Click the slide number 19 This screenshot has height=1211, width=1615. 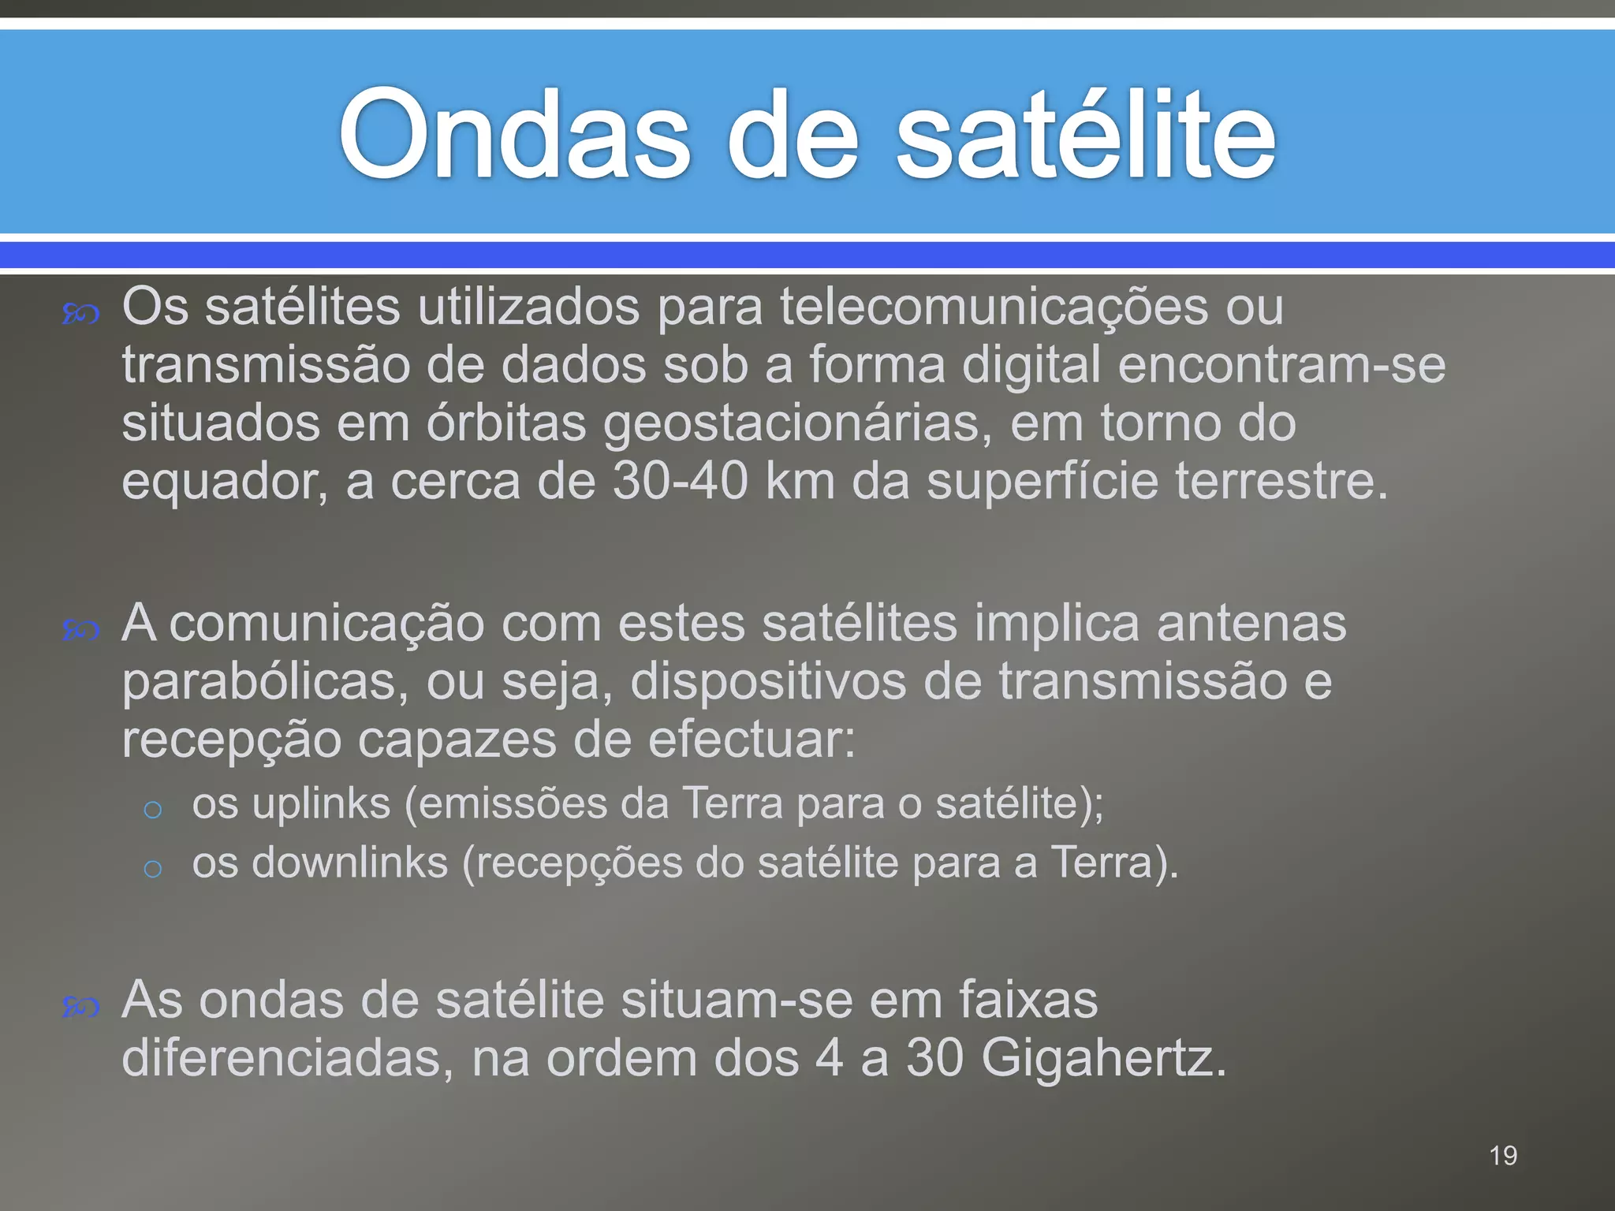coord(1503,1156)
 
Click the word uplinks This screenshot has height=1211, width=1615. coord(322,803)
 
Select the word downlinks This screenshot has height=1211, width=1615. coord(350,862)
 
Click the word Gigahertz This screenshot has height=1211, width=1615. coord(1104,1057)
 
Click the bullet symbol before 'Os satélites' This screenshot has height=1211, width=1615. coord(80,315)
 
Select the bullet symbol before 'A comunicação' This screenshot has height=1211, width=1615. coord(80,631)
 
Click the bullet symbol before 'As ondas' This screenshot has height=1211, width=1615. coord(80,1008)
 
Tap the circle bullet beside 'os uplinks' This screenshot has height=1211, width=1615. coord(153,810)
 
